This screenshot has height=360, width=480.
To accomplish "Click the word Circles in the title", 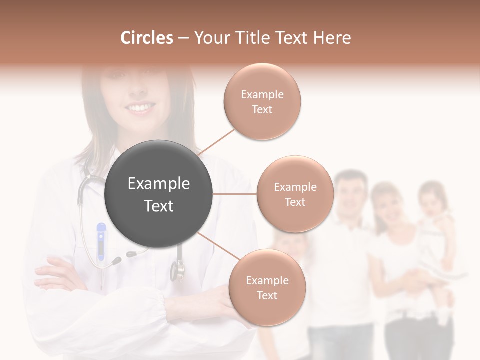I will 146,38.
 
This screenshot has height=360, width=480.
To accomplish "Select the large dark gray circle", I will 159,194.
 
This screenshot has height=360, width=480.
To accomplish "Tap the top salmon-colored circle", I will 262,102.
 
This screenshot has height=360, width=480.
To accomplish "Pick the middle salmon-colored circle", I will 295,194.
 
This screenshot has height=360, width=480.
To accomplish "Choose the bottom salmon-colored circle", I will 267,288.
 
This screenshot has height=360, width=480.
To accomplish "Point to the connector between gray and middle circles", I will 235,194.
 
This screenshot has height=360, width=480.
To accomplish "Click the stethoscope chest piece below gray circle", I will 177,270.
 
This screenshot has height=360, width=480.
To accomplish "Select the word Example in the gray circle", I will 159,184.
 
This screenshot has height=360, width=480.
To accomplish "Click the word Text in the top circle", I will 262,110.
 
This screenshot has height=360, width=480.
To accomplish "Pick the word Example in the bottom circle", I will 267,280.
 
